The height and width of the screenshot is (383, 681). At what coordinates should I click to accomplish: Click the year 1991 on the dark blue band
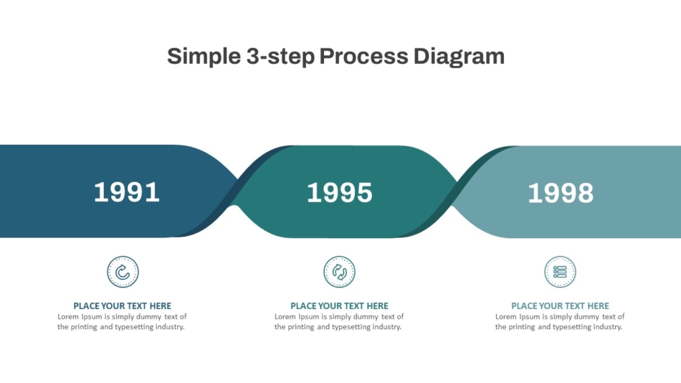[x=127, y=192]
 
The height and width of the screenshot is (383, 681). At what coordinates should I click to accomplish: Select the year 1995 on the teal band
[x=340, y=193]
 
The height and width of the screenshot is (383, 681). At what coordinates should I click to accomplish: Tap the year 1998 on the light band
[x=561, y=193]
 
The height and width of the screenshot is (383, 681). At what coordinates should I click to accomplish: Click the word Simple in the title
[x=204, y=57]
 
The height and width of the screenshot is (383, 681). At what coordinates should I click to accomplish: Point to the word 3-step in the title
[x=280, y=57]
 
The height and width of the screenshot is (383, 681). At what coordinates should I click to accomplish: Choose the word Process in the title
[x=364, y=56]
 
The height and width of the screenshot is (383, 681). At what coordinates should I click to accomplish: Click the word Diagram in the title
[x=459, y=57]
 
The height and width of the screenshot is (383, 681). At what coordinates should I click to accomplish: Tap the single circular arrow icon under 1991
[x=123, y=272]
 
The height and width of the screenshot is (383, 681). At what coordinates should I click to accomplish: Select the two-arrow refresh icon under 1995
[x=339, y=272]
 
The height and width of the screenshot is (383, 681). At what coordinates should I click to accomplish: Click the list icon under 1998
[x=561, y=272]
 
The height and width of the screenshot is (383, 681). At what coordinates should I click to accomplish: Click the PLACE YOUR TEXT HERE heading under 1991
[x=122, y=306]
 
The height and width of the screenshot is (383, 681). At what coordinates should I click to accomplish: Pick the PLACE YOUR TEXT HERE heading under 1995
[x=339, y=306]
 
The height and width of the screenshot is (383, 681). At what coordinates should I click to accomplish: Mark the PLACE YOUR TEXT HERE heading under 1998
[x=561, y=306]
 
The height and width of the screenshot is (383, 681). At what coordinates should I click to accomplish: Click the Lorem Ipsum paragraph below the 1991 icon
[x=122, y=322]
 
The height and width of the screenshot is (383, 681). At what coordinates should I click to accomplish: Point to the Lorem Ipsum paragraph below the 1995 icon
[x=339, y=322]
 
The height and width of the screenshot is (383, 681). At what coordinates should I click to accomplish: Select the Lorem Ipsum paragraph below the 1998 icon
[x=560, y=322]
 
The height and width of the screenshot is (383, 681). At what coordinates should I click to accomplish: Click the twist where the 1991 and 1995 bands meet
[x=235, y=191]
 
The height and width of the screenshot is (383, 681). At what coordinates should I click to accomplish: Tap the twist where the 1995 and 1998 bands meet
[x=454, y=191]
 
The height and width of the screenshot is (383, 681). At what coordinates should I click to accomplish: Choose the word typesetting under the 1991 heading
[x=134, y=327]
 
